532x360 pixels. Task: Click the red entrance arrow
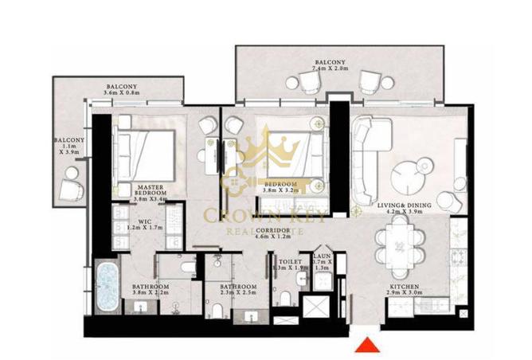coord(366,344)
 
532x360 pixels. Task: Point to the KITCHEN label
coord(405,287)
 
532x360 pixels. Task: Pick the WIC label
coord(145,222)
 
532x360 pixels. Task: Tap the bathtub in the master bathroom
coord(106,285)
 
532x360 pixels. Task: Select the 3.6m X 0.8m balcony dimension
coord(121,94)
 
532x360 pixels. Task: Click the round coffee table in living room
coord(411,172)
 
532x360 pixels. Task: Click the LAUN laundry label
coord(321,249)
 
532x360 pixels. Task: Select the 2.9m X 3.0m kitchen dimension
coord(405,295)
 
